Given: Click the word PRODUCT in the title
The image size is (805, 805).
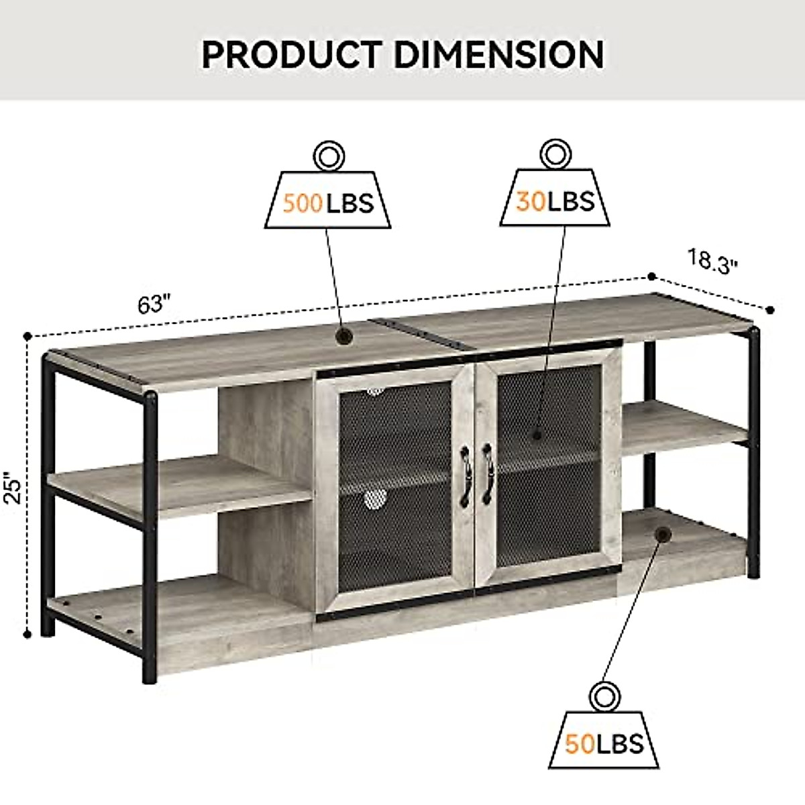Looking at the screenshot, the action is point(293,54).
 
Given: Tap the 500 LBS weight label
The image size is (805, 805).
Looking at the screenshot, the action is point(327,202).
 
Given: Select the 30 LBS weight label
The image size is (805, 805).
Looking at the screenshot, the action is point(555,201).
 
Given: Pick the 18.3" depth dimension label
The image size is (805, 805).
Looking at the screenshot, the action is point(712,260).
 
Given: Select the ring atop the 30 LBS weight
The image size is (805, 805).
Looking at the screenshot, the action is point(554,155).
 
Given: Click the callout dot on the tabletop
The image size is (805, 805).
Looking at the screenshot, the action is point(344,335).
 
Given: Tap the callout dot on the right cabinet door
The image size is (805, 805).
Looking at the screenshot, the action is point(536,434).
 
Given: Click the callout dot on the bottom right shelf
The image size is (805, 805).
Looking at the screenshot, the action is point(663,535).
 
